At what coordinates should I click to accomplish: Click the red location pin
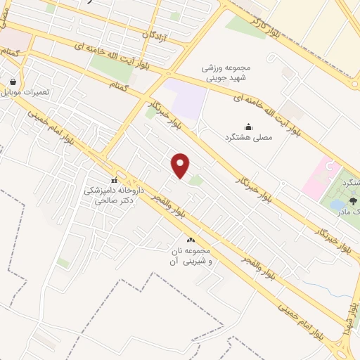pyautogui.click(x=181, y=165)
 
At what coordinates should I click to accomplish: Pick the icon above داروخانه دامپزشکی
pyautogui.click(x=115, y=180)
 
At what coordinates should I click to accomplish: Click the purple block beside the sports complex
pyautogui.click(x=189, y=101)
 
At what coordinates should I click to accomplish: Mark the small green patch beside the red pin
pyautogui.click(x=195, y=181)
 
